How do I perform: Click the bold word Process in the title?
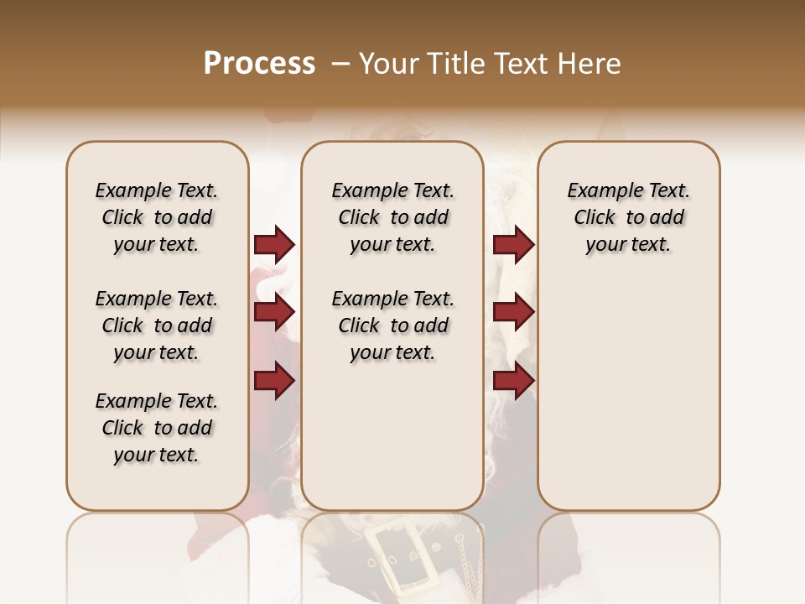[x=259, y=64]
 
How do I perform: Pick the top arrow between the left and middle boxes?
[x=274, y=245]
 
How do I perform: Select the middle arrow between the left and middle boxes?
[x=274, y=313]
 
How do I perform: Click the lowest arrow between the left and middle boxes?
[x=274, y=381]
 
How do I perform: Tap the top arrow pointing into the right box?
[x=513, y=245]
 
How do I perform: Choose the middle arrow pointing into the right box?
[x=513, y=313]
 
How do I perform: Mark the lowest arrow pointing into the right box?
[x=513, y=381]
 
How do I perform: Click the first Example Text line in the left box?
[x=157, y=190]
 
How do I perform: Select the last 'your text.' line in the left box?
[x=157, y=455]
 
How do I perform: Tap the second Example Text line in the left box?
[x=157, y=299]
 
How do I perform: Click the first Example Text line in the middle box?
[x=392, y=190]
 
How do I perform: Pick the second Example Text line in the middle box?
[x=392, y=299]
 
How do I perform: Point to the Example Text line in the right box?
[x=628, y=190]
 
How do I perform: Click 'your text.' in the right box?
[x=628, y=244]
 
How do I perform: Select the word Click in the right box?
[x=595, y=217]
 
